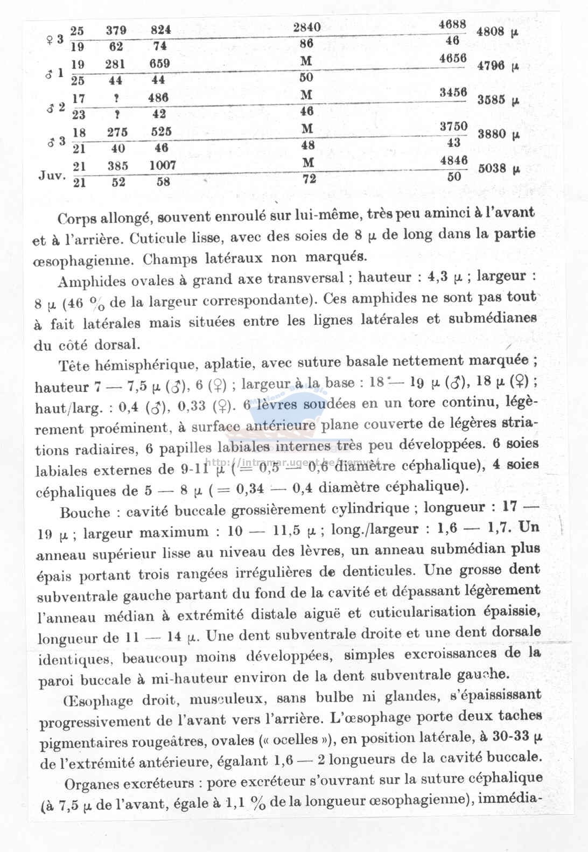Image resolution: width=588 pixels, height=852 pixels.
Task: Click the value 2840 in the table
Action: pyautogui.click(x=307, y=27)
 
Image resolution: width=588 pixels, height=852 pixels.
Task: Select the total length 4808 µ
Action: pyautogui.click(x=497, y=31)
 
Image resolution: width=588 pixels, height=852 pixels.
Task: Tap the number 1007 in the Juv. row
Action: pyautogui.click(x=163, y=165)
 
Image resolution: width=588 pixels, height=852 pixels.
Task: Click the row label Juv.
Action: pyautogui.click(x=52, y=176)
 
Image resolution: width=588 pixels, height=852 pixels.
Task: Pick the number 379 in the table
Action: pyautogui.click(x=116, y=30)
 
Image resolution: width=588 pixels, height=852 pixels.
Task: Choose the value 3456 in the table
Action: pyautogui.click(x=453, y=92)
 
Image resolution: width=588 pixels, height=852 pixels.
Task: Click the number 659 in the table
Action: pyautogui.click(x=160, y=63)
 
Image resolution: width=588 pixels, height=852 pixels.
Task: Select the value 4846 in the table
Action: pyautogui.click(x=453, y=160)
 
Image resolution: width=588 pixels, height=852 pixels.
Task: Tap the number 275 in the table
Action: pyautogui.click(x=117, y=132)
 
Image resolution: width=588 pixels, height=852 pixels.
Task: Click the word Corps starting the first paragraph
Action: pyautogui.click(x=76, y=219)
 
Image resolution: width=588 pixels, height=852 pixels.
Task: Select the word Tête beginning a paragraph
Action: pyautogui.click(x=74, y=366)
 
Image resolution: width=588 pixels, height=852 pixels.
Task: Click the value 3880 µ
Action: pyautogui.click(x=499, y=134)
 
